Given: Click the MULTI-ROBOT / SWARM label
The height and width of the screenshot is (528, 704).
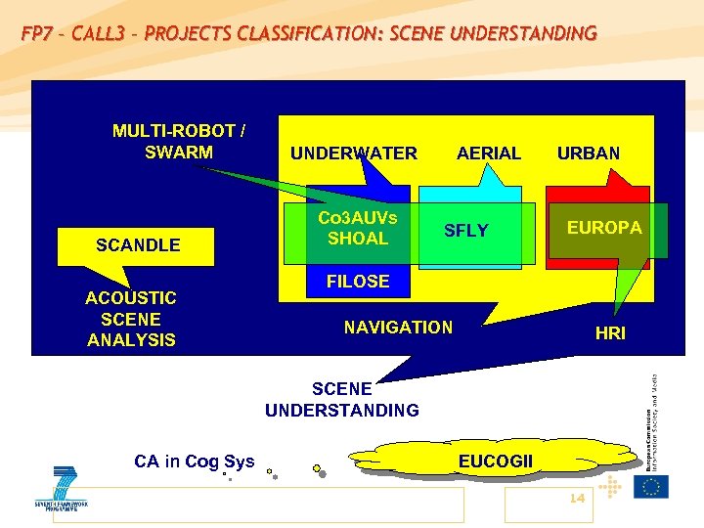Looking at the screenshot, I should (x=179, y=142).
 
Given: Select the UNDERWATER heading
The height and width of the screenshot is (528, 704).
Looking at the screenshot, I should (x=353, y=154).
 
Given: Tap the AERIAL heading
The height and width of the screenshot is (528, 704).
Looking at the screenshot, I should (x=488, y=154).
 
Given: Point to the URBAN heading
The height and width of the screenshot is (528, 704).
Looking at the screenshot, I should (x=588, y=154).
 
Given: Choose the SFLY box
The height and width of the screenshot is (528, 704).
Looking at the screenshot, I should (x=466, y=232).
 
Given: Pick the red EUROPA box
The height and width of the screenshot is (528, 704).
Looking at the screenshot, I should (x=604, y=229).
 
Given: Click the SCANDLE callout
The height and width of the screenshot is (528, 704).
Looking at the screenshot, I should (x=138, y=245).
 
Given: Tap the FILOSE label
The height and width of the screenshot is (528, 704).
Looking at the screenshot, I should (x=358, y=282).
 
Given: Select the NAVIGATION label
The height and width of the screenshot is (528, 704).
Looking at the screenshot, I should (x=398, y=328).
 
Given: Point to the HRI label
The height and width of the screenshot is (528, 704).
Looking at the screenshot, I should (x=610, y=333).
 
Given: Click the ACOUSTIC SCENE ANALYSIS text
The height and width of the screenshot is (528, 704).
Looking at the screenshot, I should (x=131, y=319).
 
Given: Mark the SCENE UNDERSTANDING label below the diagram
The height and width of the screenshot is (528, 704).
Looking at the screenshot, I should (x=341, y=400).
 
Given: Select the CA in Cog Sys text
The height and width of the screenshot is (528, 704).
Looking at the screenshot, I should (x=194, y=462).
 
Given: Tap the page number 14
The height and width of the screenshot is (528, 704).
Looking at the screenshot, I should (x=576, y=499).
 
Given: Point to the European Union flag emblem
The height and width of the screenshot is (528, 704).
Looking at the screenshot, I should (x=650, y=486).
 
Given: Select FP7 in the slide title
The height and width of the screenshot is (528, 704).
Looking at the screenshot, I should (x=39, y=34).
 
